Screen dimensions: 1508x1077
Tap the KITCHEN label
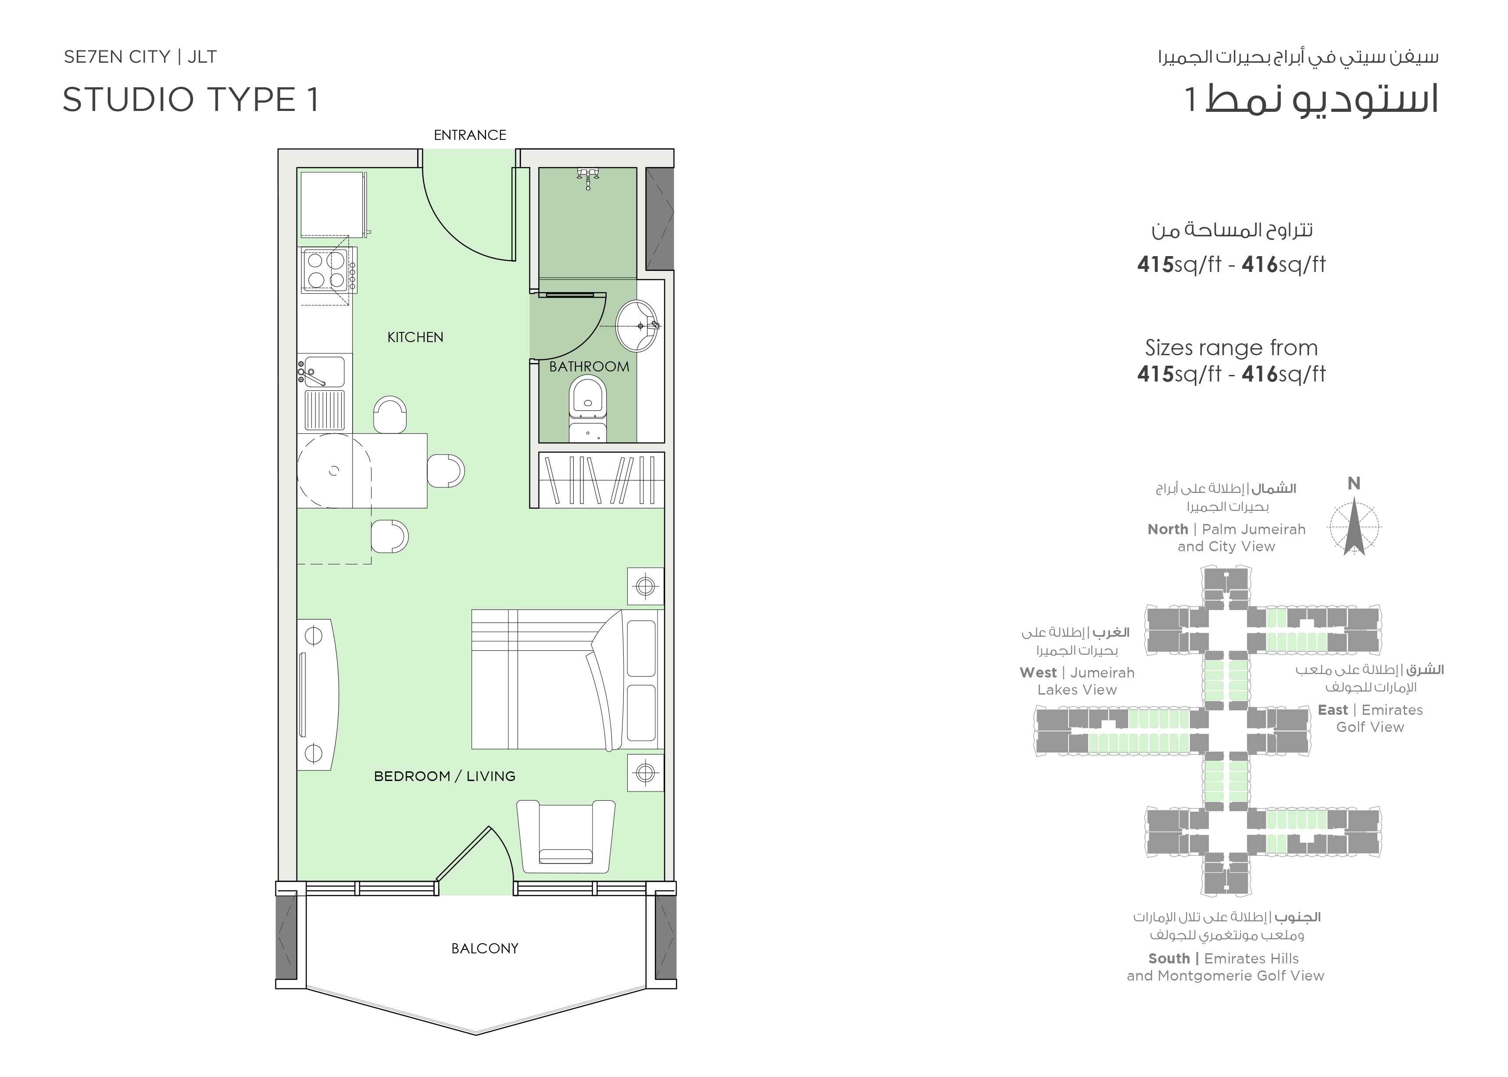415,337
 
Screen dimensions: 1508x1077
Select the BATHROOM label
589,366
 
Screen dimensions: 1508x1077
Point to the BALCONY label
485,949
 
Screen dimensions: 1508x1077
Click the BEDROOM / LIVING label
444,776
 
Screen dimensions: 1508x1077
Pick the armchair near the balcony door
566,837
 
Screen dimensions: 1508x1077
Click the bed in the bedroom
567,680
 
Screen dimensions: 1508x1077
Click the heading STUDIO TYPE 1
191,100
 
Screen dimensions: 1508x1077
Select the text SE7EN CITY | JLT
140,57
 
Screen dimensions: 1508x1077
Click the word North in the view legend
1168,529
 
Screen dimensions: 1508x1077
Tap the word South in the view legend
1169,958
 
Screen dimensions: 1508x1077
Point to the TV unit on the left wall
318,694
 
